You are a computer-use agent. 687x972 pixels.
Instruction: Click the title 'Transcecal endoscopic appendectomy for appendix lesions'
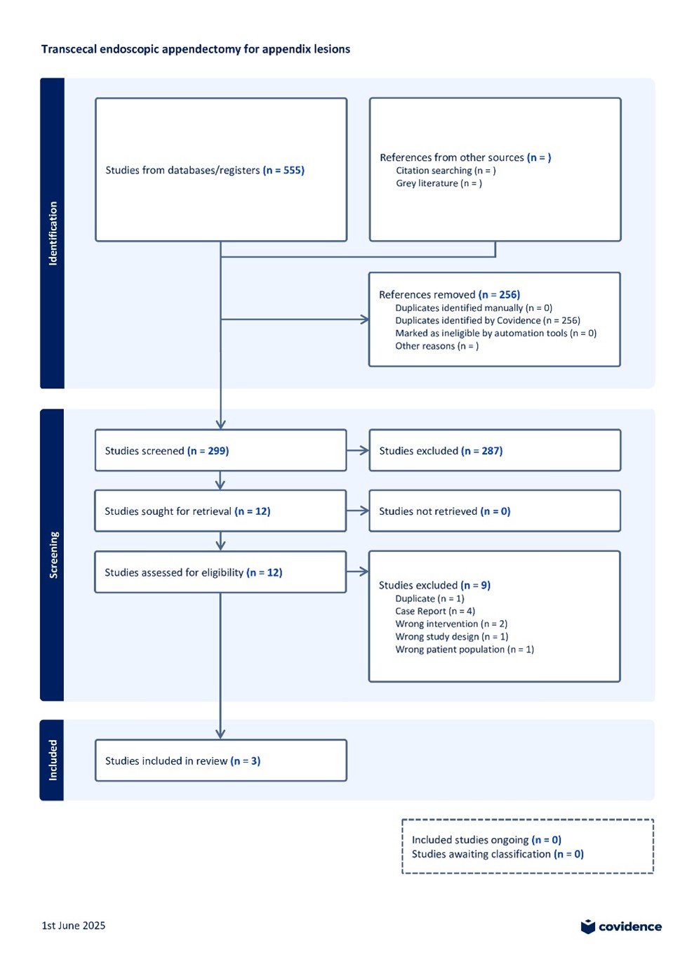point(196,49)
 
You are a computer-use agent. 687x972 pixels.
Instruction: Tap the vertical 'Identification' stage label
point(53,233)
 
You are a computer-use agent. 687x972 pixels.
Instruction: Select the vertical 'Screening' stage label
point(53,555)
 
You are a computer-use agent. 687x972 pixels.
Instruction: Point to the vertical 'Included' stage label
point(53,760)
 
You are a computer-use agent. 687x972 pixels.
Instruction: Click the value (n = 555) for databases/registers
point(284,170)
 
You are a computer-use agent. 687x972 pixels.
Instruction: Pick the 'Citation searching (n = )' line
point(446,171)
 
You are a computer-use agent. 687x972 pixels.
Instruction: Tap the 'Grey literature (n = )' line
point(439,183)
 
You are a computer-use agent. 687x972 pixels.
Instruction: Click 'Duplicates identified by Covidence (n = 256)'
point(488,320)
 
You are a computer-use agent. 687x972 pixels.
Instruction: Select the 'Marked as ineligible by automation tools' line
point(496,333)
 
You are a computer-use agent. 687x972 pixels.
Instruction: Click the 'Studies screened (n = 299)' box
point(220,450)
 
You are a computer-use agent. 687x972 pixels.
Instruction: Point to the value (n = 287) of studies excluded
point(481,451)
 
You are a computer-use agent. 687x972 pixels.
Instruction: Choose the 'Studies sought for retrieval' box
point(220,511)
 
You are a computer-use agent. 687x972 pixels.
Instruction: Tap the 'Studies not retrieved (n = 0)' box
point(495,511)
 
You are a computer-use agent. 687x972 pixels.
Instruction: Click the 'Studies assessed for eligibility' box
point(220,572)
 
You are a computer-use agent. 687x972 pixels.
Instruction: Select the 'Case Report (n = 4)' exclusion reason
point(435,611)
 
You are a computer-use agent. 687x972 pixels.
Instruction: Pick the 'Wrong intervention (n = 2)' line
point(451,624)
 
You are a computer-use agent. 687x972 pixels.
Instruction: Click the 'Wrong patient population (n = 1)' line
point(465,649)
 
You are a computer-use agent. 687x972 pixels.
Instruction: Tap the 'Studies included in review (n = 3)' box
point(221,760)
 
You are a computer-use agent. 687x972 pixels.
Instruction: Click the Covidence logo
point(621,926)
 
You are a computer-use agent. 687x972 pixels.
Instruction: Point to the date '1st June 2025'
point(73,926)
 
